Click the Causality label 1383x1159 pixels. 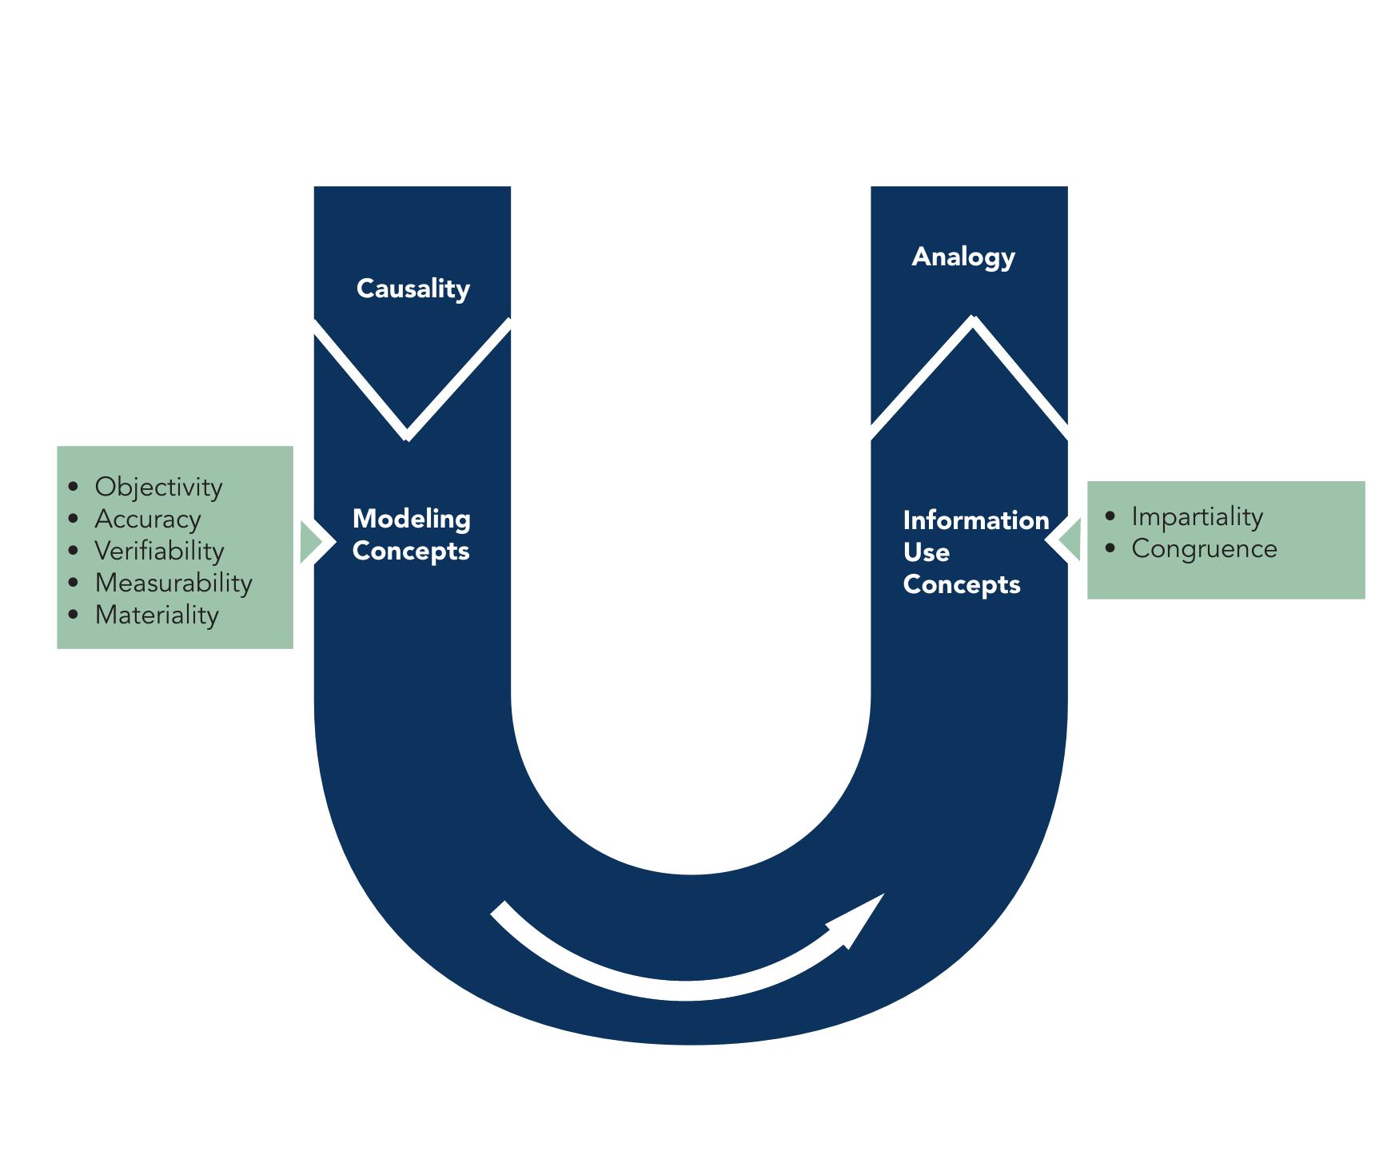pyautogui.click(x=413, y=289)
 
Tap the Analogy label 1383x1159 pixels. pyautogui.click(x=963, y=257)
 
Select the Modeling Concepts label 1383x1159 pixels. pyautogui.click(x=411, y=535)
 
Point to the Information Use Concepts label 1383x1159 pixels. pyautogui.click(x=975, y=552)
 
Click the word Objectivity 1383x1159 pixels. pyautogui.click(x=158, y=487)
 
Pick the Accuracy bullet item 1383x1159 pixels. pyautogui.click(x=148, y=519)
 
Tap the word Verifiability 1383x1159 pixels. pyautogui.click(x=159, y=551)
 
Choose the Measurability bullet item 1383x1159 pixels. pyautogui.click(x=173, y=583)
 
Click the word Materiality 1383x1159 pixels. pyautogui.click(x=157, y=615)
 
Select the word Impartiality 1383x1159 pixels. pyautogui.click(x=1197, y=516)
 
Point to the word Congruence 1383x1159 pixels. pyautogui.click(x=1204, y=548)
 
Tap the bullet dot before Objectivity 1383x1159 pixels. pyautogui.click(x=74, y=486)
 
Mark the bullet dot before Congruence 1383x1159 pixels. pyautogui.click(x=1110, y=548)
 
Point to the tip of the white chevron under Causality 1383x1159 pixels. pyautogui.click(x=407, y=436)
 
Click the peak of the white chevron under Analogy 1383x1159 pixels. pyautogui.click(x=973, y=321)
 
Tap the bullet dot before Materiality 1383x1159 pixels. pyautogui.click(x=74, y=614)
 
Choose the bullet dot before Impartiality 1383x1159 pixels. pyautogui.click(x=1110, y=516)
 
